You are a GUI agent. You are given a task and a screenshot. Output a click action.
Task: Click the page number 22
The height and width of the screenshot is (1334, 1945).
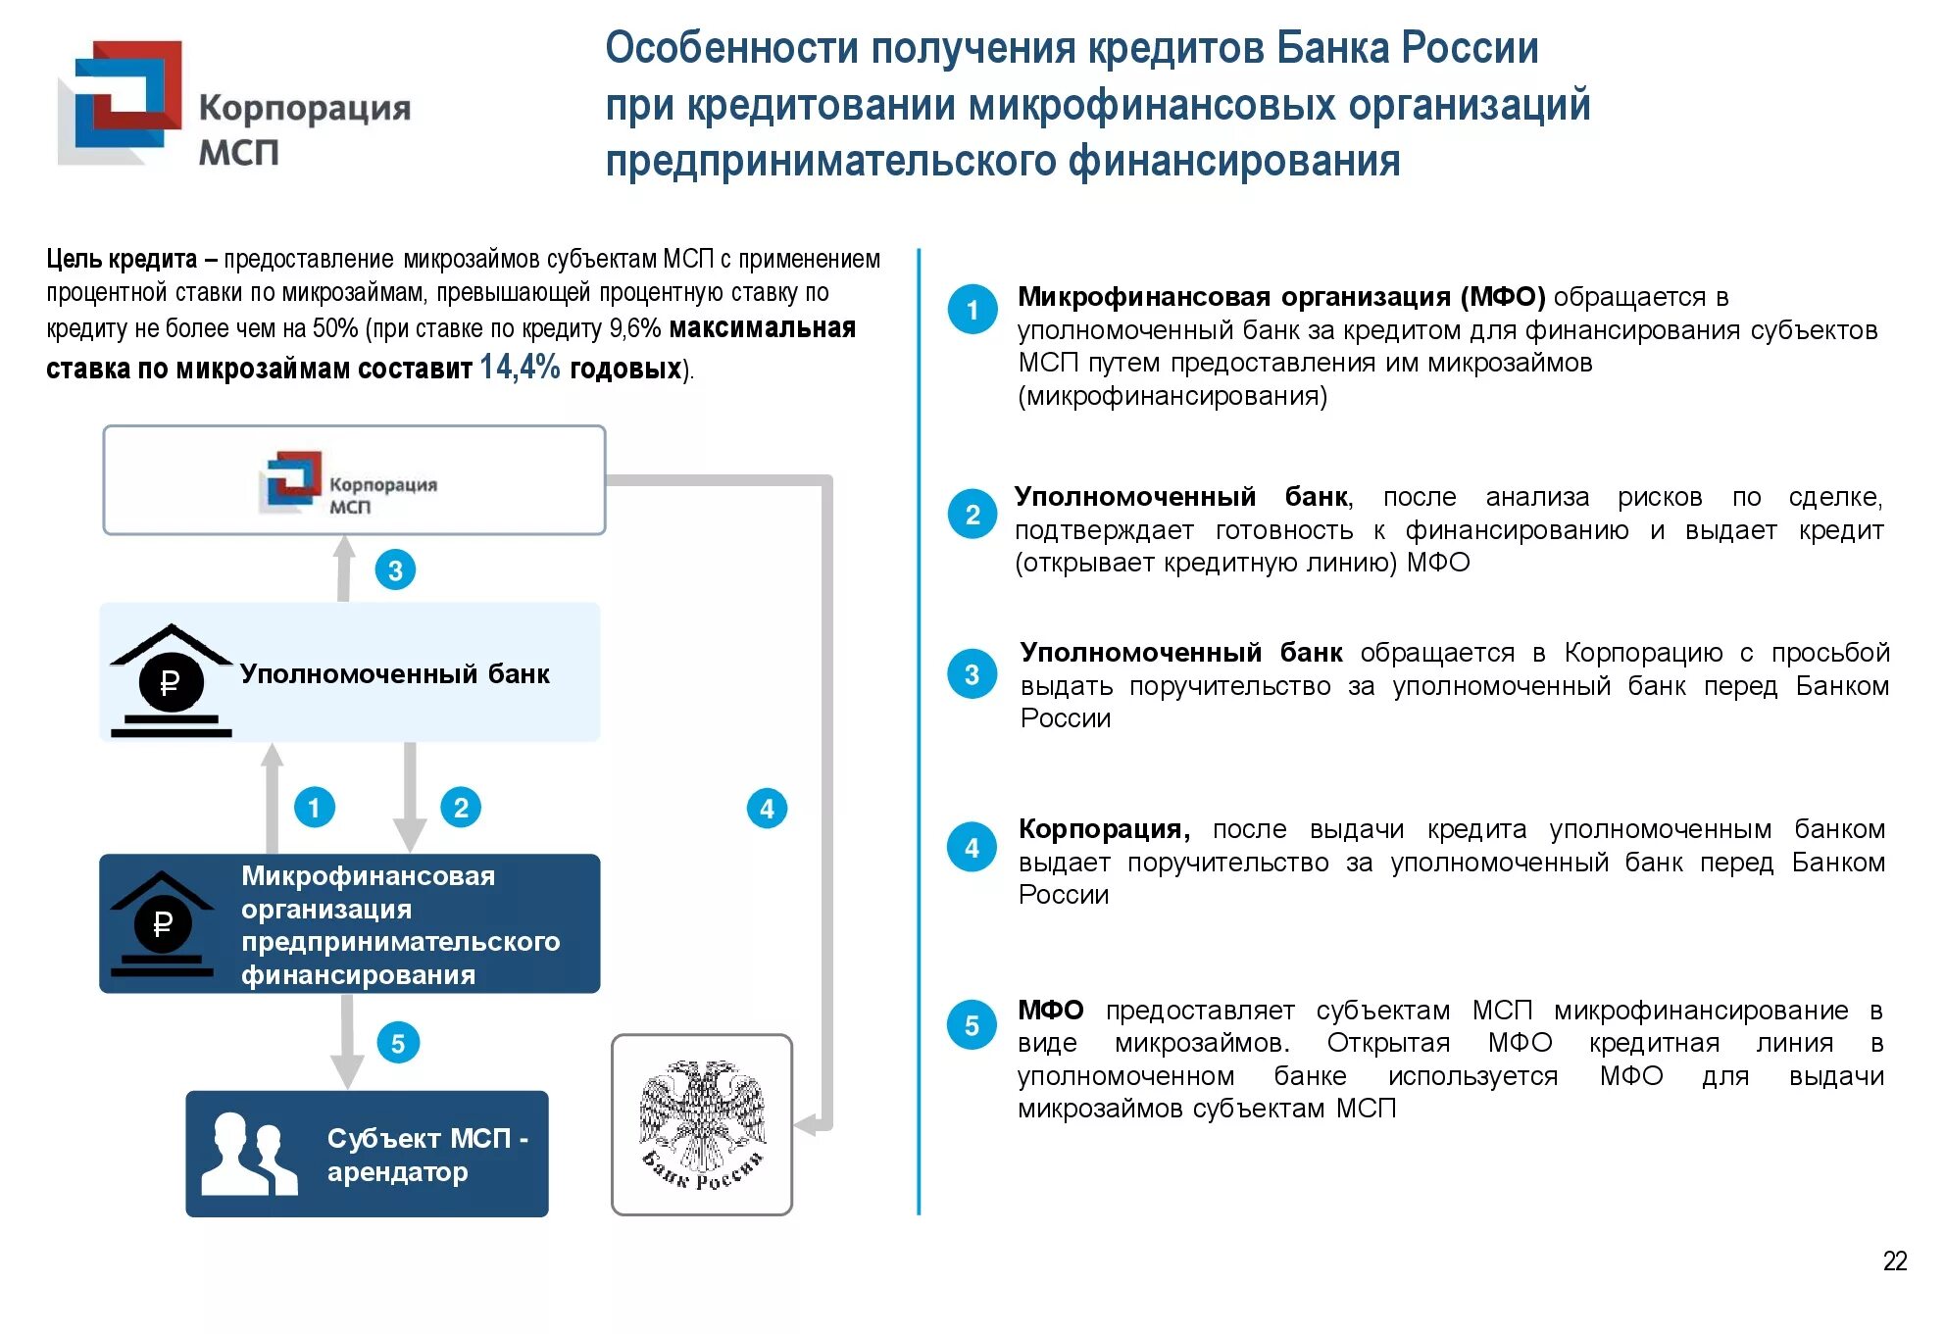point(1894,1260)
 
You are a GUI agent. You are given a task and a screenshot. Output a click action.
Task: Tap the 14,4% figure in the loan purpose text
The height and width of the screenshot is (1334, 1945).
point(519,368)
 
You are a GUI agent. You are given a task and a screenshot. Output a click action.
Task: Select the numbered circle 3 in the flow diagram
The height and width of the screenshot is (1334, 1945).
point(395,570)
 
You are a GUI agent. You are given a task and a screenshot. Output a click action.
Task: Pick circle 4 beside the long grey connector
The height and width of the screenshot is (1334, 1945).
point(767,809)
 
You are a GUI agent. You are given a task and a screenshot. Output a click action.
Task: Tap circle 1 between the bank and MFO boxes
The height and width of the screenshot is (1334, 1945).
point(315,808)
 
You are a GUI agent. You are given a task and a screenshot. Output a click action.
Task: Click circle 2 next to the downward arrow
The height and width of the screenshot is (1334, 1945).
point(461,808)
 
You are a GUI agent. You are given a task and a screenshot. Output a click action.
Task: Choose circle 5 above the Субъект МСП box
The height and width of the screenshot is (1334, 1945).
point(397,1043)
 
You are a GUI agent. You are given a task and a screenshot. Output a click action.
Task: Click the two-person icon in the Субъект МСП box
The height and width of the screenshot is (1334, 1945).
point(248,1154)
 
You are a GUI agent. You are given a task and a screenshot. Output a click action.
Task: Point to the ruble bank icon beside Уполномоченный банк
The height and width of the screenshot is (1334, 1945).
point(171,681)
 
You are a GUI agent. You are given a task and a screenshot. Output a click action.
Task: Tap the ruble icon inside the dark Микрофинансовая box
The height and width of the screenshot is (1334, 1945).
point(163,923)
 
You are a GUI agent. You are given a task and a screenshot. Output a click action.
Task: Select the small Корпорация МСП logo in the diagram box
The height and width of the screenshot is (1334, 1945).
point(290,481)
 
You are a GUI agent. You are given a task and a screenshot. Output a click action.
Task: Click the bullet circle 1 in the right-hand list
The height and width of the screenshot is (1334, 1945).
point(972,310)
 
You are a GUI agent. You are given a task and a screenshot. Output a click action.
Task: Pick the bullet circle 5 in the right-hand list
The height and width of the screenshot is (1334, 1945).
point(972,1025)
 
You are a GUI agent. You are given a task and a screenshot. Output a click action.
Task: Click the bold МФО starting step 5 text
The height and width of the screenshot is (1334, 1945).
point(1050,1010)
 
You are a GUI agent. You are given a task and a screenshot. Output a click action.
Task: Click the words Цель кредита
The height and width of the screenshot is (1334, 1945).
point(122,259)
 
